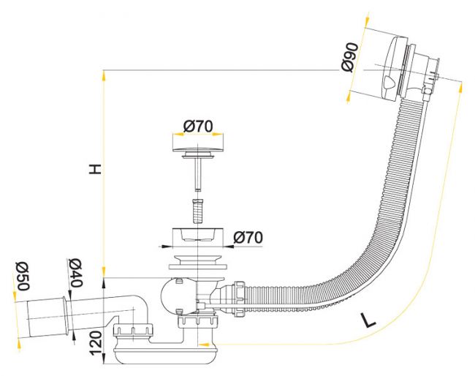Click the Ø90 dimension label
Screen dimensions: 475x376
(349, 58)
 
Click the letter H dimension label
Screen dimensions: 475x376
(95, 169)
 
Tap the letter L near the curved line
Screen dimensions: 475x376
(368, 320)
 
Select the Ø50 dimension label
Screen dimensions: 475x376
(23, 276)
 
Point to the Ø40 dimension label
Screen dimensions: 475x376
(75, 273)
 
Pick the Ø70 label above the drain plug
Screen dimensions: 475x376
(198, 126)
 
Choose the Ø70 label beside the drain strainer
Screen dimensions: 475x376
(248, 237)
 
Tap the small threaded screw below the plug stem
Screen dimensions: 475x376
(197, 211)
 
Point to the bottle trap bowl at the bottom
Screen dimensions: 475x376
(165, 356)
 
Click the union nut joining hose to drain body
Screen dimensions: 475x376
(238, 299)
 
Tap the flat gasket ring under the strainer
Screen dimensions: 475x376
(197, 266)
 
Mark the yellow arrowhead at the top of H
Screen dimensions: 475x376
(104, 75)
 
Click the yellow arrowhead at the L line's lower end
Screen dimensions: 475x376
(205, 345)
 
